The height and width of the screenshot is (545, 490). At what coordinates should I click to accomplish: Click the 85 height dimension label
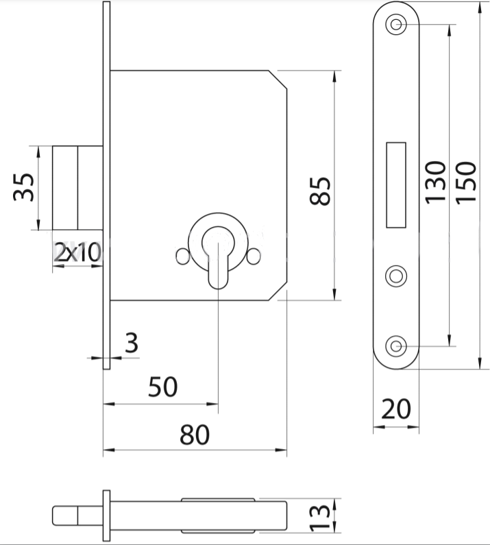coord(320,191)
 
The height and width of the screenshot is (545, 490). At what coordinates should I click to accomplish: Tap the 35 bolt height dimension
coord(23,187)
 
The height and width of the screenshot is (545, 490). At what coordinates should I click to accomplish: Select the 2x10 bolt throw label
coord(78,252)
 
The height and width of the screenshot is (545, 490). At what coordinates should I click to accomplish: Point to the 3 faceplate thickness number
coord(132,343)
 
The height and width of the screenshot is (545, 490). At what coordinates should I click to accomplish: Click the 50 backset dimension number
coord(162,387)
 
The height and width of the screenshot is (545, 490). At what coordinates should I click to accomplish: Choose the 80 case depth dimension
coord(195,435)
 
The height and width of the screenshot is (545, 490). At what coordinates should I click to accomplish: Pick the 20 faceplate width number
coord(396,409)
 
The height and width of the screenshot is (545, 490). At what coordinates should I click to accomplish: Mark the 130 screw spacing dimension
coord(435,182)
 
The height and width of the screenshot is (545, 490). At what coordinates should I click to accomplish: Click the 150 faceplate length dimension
coord(466,182)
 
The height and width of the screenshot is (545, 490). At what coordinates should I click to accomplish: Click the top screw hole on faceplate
coord(396,24)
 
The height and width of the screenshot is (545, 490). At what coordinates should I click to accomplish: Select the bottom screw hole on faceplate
coord(396,346)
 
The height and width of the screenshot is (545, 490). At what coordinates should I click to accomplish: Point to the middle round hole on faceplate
coord(396,276)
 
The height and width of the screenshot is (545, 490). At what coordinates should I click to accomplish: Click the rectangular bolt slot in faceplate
coord(396,185)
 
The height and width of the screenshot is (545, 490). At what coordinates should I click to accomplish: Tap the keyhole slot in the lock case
coord(218,258)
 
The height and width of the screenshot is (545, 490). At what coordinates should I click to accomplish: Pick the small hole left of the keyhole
coord(182,256)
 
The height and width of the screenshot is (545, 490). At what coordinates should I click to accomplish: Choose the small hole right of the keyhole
coord(254,256)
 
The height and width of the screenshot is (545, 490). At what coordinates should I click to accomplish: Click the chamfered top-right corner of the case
coord(278,80)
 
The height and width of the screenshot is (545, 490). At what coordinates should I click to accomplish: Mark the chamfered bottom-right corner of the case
coord(278,291)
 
